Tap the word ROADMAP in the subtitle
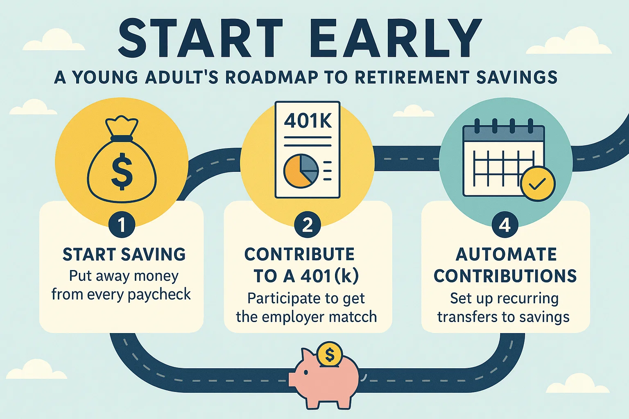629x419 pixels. click(x=271, y=77)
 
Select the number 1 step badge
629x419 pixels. click(x=122, y=225)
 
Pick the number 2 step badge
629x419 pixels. click(x=308, y=225)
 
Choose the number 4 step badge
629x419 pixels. click(x=505, y=225)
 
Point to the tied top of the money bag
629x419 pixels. click(x=122, y=125)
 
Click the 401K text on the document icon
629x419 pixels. click(x=308, y=121)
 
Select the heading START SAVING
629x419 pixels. click(x=124, y=255)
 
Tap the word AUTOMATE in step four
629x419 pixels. click(x=506, y=255)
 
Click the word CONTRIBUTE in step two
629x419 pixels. click(x=299, y=255)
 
